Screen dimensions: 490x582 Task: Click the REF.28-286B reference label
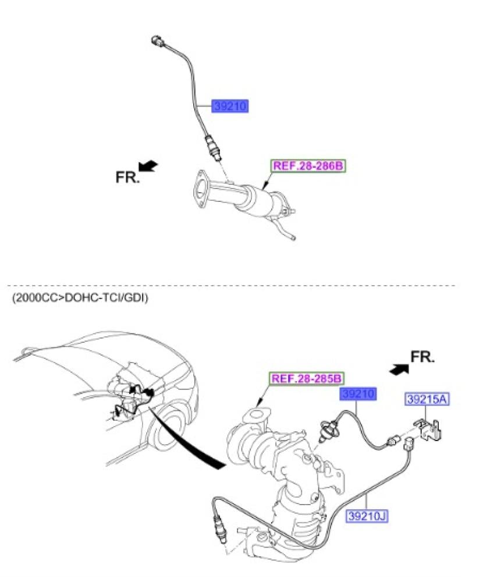[308, 166]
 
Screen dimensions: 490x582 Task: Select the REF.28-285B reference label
[306, 379]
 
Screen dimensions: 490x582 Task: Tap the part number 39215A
[427, 399]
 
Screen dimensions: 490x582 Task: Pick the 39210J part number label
[367, 516]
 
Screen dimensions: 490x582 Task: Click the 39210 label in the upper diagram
[230, 106]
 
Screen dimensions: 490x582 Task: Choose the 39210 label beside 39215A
[358, 393]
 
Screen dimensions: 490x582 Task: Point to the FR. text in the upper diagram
[127, 177]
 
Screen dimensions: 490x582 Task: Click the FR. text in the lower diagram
[422, 357]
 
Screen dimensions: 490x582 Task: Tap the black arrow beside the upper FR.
[148, 165]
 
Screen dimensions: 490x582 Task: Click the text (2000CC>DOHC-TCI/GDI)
[80, 297]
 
